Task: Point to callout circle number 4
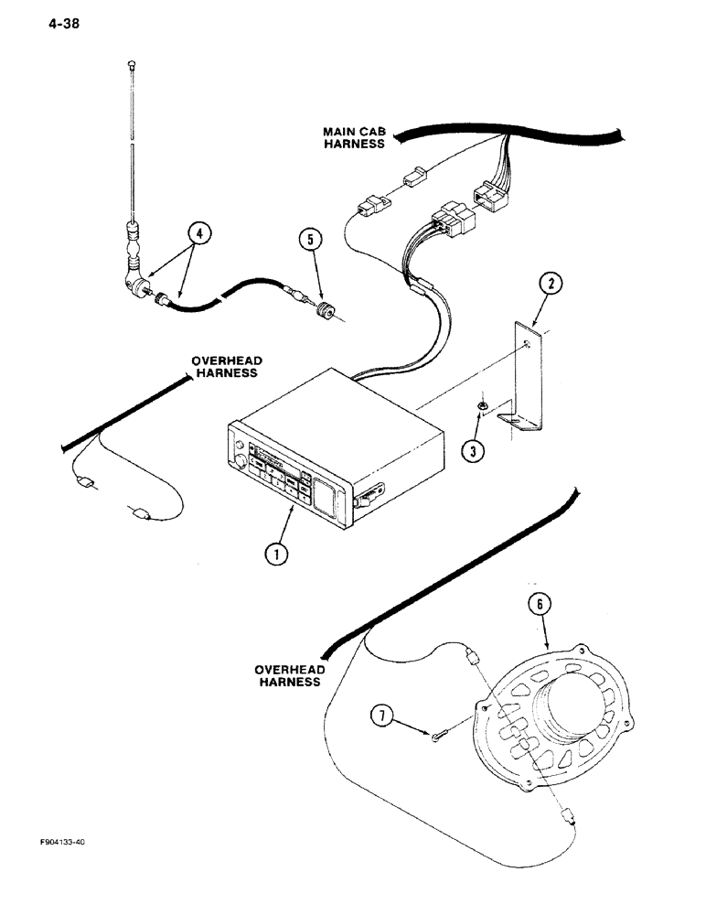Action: coord(199,235)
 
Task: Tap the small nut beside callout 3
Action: coord(481,409)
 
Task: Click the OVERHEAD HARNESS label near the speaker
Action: coord(288,675)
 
